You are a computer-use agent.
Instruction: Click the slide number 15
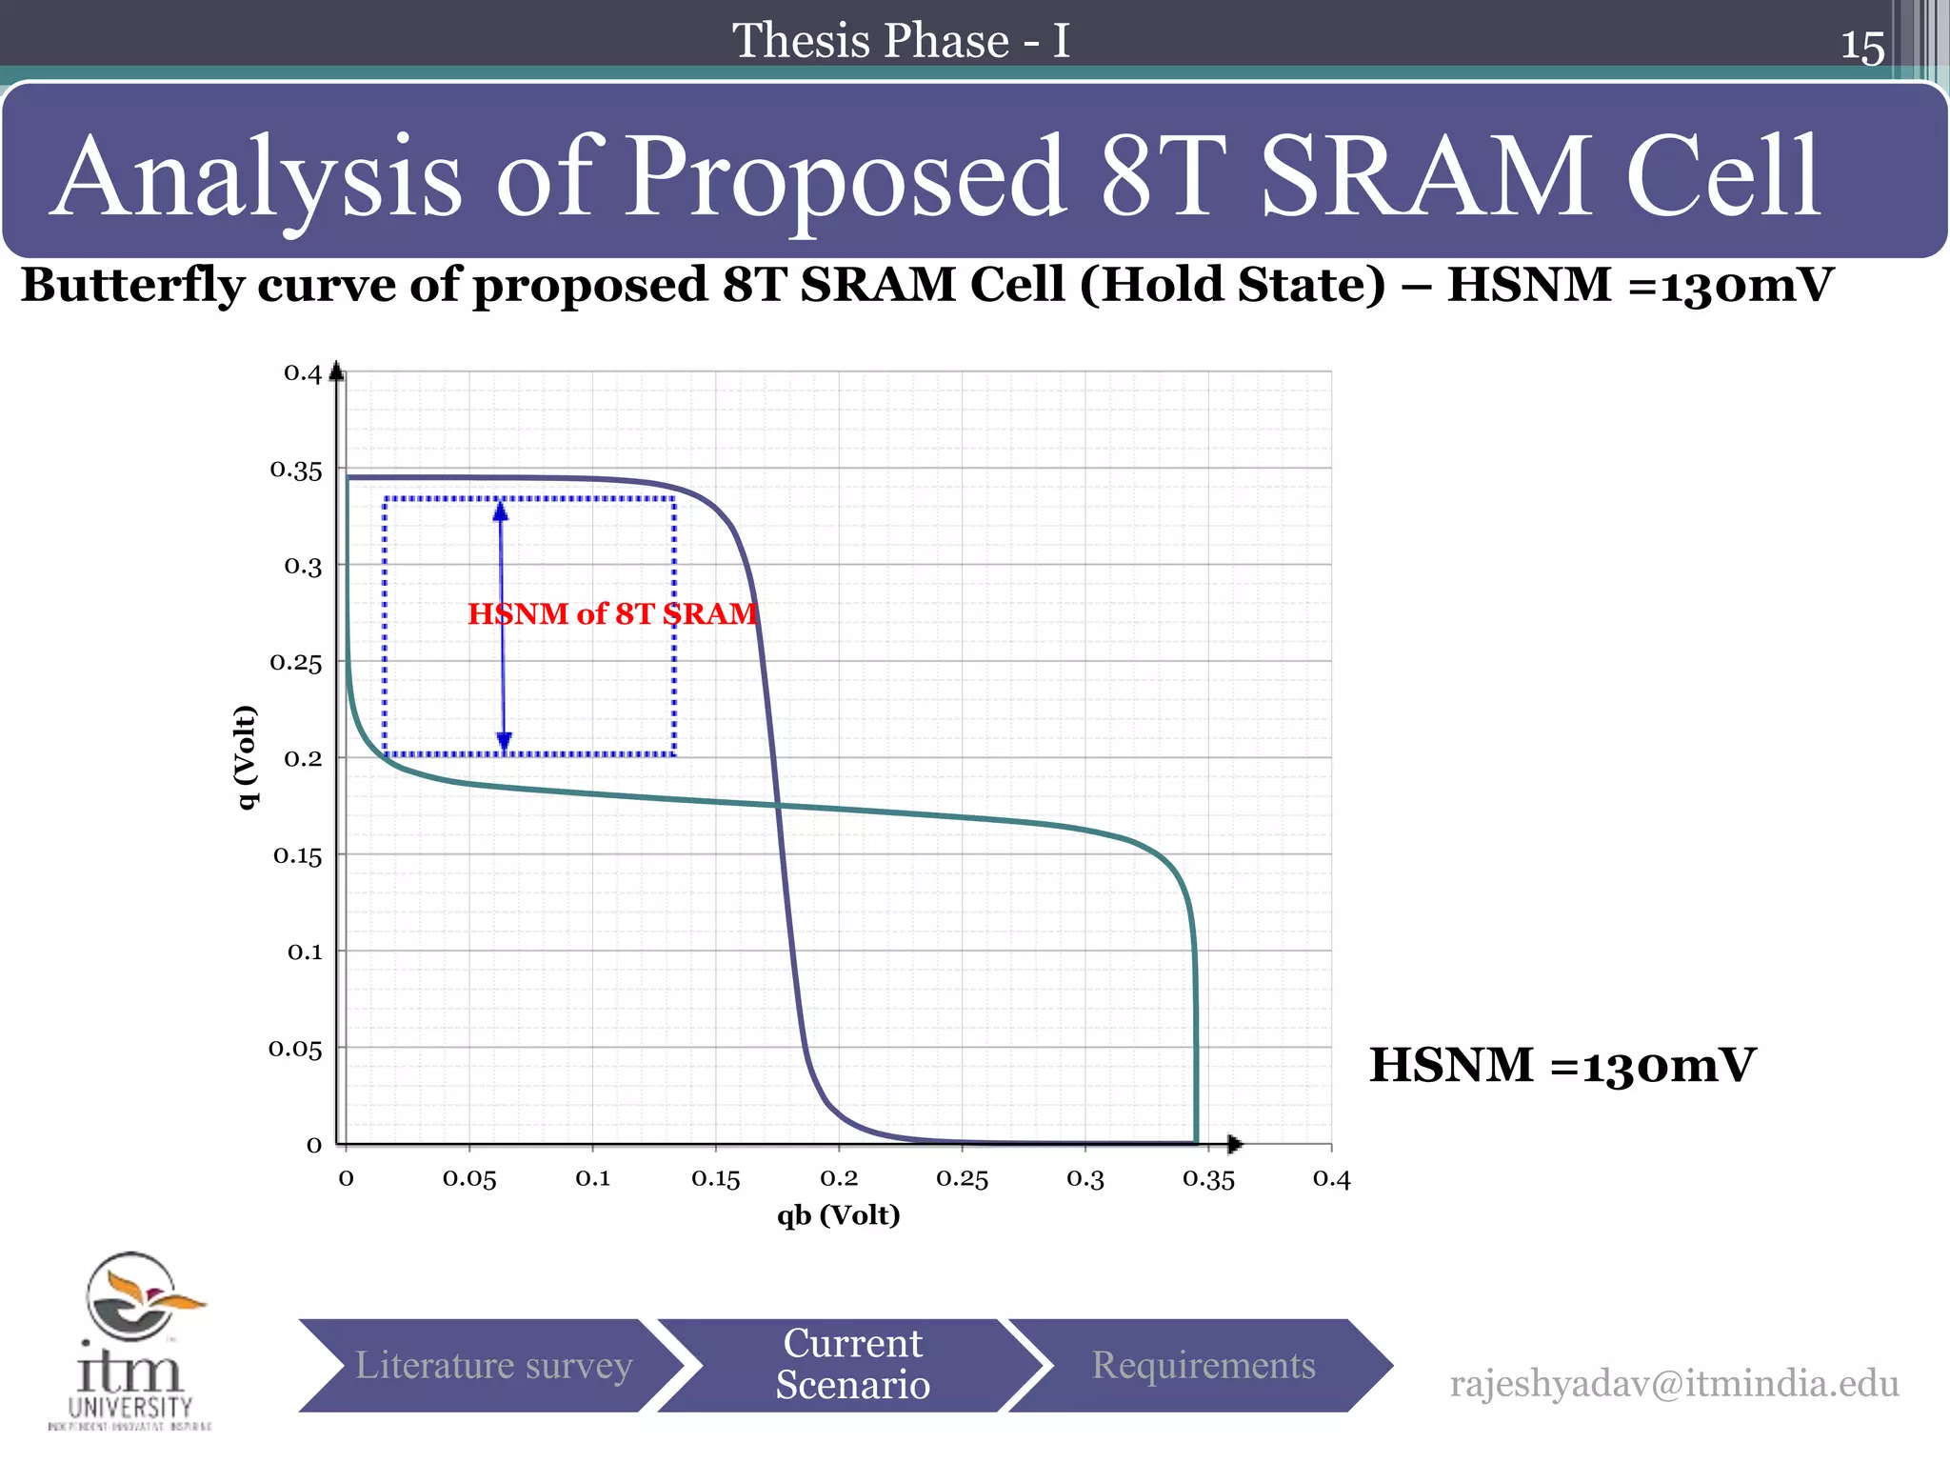(x=1861, y=47)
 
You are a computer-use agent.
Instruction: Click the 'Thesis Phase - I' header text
(x=900, y=41)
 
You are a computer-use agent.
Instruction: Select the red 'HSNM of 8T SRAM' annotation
(x=612, y=613)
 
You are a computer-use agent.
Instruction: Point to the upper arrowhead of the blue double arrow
(x=501, y=511)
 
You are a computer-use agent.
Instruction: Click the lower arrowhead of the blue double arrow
(x=504, y=742)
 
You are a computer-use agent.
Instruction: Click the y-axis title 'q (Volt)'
(x=247, y=757)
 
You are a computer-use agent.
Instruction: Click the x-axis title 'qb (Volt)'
(x=838, y=1215)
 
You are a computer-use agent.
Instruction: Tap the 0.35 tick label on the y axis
(x=296, y=470)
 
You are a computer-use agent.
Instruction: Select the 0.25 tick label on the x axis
(x=962, y=1179)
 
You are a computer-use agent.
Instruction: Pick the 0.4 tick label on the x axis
(x=1331, y=1179)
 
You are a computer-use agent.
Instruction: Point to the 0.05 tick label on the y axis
(x=295, y=1049)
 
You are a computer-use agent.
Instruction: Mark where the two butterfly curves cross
(x=777, y=806)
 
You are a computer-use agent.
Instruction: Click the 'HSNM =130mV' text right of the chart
(x=1562, y=1065)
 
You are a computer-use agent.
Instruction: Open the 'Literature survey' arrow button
(x=493, y=1365)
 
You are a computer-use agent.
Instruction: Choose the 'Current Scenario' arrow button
(x=852, y=1365)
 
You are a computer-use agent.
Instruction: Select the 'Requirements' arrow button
(x=1203, y=1365)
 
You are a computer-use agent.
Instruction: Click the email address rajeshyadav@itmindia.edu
(x=1673, y=1383)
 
